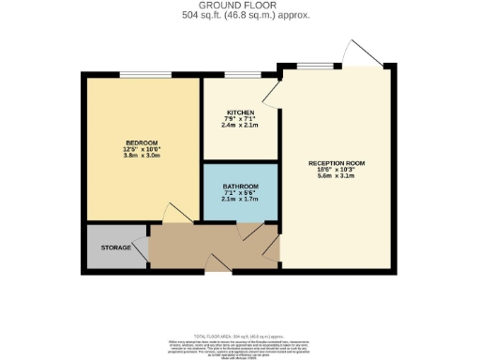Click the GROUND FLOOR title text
pyautogui.click(x=240, y=7)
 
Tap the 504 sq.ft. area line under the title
pyautogui.click(x=240, y=16)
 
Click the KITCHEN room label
pyautogui.click(x=241, y=112)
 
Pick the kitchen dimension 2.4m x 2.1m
pyautogui.click(x=241, y=127)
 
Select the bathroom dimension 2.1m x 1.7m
pyautogui.click(x=241, y=198)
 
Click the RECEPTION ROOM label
pyautogui.click(x=337, y=163)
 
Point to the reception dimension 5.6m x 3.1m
pyautogui.click(x=337, y=177)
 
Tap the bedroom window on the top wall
pyautogui.click(x=144, y=74)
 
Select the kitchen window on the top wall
pyautogui.click(x=242, y=74)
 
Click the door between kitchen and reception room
pyautogui.click(x=271, y=91)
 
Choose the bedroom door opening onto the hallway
pyautogui.click(x=177, y=214)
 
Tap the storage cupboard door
pyautogui.click(x=140, y=248)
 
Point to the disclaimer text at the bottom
pyautogui.click(x=240, y=343)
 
